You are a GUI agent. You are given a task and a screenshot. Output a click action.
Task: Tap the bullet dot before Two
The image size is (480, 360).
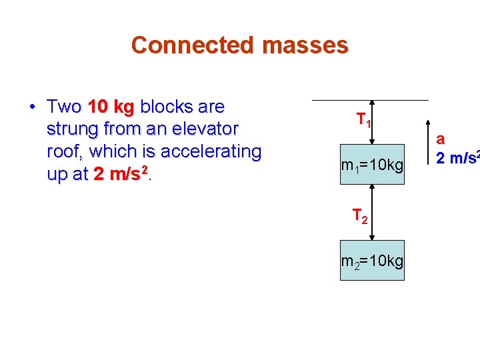(x=31, y=107)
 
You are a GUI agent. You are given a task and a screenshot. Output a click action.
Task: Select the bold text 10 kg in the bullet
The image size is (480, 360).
(x=111, y=107)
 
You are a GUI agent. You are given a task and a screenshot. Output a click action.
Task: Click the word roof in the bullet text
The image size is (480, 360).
(x=65, y=151)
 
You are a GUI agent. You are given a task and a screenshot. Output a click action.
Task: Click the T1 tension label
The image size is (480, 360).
(x=363, y=121)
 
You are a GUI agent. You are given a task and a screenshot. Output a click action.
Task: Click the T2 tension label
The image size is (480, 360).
(x=360, y=216)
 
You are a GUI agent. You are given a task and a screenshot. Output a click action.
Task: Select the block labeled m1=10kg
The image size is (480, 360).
(x=372, y=164)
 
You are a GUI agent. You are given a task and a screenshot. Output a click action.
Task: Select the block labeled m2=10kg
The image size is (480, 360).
(x=372, y=260)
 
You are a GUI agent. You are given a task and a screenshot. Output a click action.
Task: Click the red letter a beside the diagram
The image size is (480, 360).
(x=440, y=139)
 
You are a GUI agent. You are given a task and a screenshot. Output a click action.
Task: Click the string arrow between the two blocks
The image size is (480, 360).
(x=373, y=212)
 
